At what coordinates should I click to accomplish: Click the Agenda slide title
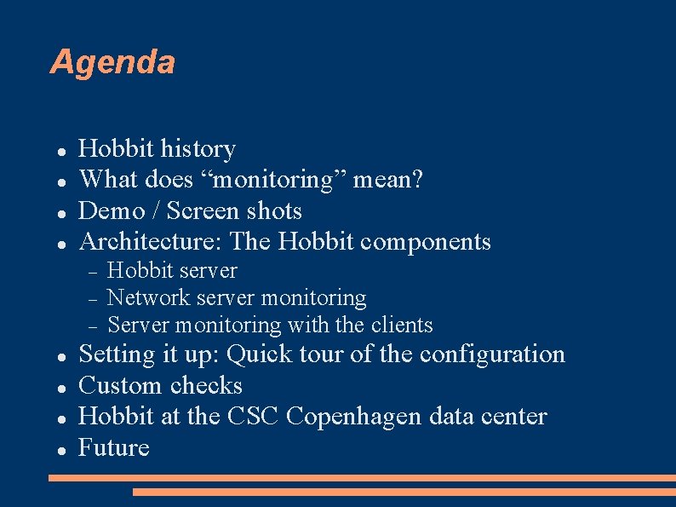click(x=112, y=62)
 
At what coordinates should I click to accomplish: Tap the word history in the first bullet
click(x=198, y=149)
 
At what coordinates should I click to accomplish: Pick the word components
click(x=426, y=242)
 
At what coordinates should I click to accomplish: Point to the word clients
click(x=402, y=325)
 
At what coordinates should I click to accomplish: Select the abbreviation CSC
click(x=255, y=416)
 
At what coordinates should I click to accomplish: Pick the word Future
click(x=113, y=447)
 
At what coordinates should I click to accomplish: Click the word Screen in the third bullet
click(x=200, y=210)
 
